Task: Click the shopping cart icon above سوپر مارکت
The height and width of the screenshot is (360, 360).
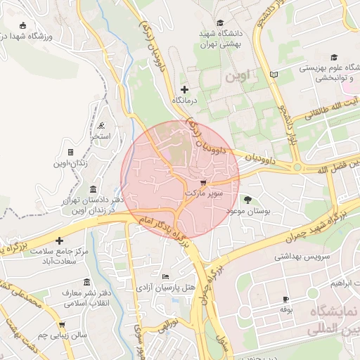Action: pos(204,181)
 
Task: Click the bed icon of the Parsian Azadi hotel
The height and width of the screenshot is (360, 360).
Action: pos(165,277)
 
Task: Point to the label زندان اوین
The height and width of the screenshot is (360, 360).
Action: pos(70,163)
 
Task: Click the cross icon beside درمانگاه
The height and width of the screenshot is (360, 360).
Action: pos(185,89)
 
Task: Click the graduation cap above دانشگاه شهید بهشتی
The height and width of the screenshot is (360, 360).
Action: pos(221,23)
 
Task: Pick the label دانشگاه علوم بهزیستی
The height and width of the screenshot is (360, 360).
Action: pos(330,68)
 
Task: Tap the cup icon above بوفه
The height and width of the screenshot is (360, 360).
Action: pos(285,299)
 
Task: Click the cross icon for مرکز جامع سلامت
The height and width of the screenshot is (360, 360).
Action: pos(60,240)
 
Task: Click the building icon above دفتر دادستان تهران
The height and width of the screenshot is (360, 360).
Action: pos(94,189)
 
